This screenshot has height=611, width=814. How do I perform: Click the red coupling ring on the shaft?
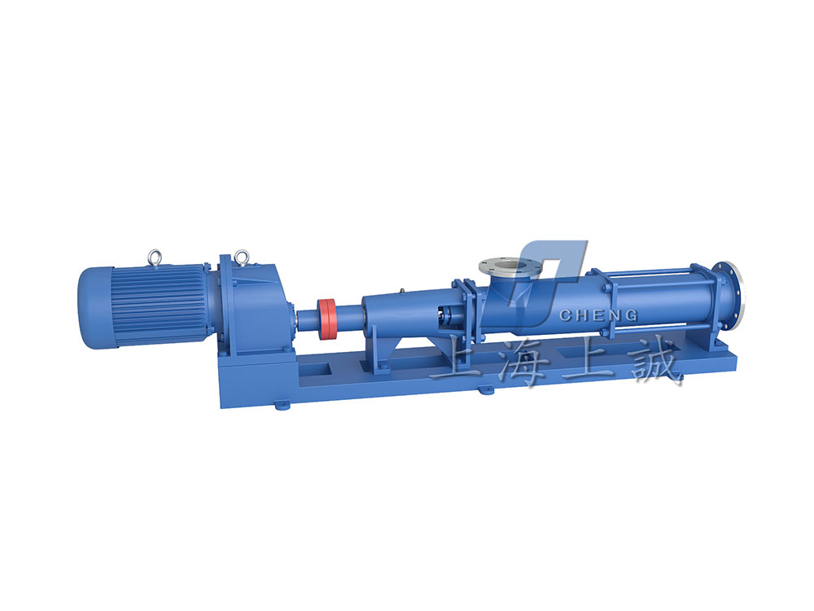[326, 319]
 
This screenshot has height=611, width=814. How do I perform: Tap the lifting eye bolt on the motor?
[155, 257]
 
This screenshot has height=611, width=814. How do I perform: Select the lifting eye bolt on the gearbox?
[241, 257]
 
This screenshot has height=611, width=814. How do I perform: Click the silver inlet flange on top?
[510, 268]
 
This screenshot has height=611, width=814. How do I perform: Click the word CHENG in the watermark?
[598, 314]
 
